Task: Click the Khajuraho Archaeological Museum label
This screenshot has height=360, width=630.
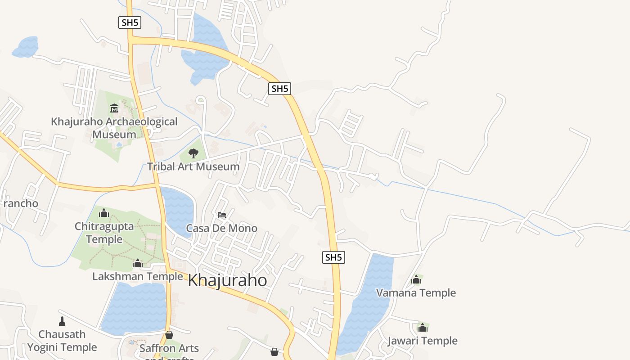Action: coord(114,128)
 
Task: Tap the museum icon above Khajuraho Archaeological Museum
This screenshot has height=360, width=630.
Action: coord(114,108)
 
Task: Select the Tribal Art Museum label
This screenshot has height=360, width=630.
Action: coord(193,166)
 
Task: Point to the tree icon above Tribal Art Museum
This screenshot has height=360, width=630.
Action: coord(193,153)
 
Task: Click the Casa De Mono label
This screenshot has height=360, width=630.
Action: coord(222,228)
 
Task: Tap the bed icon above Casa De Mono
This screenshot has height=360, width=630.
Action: coord(222,215)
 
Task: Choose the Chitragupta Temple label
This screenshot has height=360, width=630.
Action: coord(104,233)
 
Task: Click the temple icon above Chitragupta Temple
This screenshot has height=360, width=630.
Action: coord(104,212)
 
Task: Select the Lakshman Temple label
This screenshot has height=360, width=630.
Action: coord(138,276)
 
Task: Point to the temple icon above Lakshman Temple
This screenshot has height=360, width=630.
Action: coord(138,263)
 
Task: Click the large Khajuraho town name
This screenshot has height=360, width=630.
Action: coord(227,280)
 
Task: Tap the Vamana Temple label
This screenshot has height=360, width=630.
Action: coord(416,293)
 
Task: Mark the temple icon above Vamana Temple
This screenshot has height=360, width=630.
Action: coord(416,280)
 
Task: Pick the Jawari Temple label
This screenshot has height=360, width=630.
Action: coord(423,341)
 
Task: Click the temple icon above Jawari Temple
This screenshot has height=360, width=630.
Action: coord(422,327)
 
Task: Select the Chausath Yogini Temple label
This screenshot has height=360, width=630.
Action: coord(62,341)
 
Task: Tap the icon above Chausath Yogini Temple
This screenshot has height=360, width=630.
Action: coord(62,321)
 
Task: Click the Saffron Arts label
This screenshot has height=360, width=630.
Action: coord(169,348)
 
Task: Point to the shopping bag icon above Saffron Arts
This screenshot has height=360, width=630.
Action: coord(169,335)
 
